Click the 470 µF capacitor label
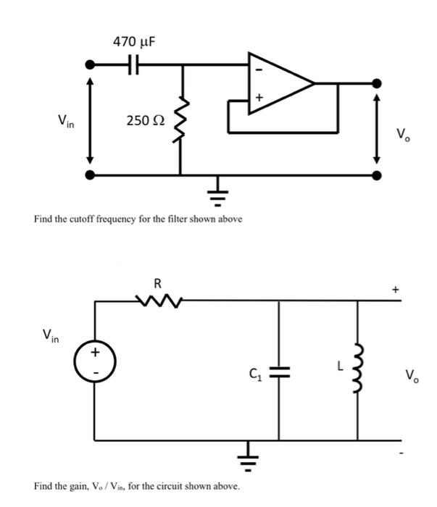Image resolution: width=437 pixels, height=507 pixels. coord(134,42)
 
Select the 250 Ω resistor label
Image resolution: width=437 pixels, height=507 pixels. coord(145,120)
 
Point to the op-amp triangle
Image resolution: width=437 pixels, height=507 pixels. coord(279,83)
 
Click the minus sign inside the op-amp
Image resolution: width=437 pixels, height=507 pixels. coord(257,70)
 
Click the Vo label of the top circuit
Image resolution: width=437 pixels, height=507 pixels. coord(402,134)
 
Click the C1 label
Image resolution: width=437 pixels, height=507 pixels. coord(254,374)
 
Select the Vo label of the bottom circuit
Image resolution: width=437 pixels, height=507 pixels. coord(411,375)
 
